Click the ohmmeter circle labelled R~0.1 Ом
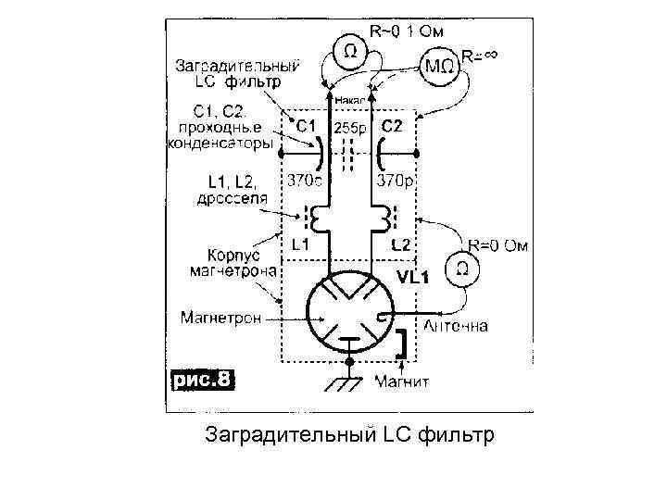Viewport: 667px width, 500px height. tap(348, 51)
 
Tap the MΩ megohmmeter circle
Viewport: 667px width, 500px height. tap(438, 66)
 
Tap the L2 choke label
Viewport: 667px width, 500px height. tap(400, 245)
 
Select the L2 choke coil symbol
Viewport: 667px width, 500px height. tap(380, 219)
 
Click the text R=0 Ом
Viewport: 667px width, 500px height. tap(499, 245)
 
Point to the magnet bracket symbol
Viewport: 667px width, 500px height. tap(403, 344)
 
